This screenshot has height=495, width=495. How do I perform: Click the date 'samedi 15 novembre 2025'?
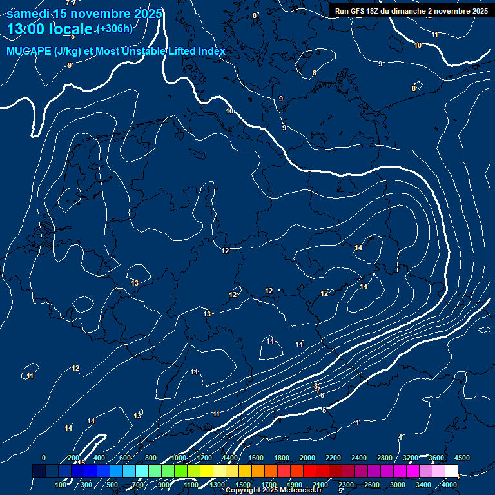pyautogui.click(x=84, y=14)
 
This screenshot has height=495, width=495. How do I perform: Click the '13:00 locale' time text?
pyautogui.click(x=50, y=29)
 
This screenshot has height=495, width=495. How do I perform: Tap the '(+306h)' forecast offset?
pyautogui.click(x=115, y=29)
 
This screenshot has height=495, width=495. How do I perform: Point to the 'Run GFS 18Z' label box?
pyautogui.click(x=411, y=11)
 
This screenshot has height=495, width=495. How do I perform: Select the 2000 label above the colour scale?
pyautogui.click(x=307, y=458)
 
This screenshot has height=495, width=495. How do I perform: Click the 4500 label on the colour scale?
pyautogui.click(x=462, y=458)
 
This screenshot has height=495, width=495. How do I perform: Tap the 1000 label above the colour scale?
pyautogui.click(x=179, y=458)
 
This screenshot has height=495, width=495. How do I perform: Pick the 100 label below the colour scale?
pyautogui.click(x=61, y=485)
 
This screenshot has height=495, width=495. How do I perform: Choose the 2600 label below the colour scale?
pyautogui.click(x=372, y=485)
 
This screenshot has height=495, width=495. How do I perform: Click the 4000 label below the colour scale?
pyautogui.click(x=449, y=485)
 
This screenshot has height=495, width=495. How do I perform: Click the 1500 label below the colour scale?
pyautogui.click(x=243, y=485)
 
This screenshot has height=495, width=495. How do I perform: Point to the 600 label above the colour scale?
pyautogui.click(x=125, y=458)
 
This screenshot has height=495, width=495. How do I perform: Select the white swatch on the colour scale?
pyautogui.click(x=451, y=471)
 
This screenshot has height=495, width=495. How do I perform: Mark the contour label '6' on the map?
pyautogui.click(x=322, y=395)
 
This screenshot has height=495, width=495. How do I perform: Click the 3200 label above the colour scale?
pyautogui.click(x=411, y=458)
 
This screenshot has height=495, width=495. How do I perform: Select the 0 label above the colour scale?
pyautogui.click(x=43, y=458)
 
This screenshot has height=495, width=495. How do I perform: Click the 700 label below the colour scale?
pyautogui.click(x=138, y=485)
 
